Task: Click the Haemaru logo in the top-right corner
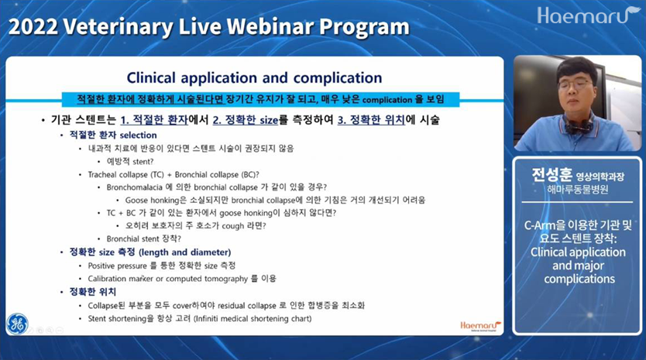tap(589, 15)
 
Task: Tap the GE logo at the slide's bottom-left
tap(17, 324)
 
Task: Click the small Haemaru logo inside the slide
tap(480, 325)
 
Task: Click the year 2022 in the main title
tap(33, 27)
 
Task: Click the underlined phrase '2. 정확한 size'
tap(246, 120)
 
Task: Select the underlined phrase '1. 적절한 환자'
tap(154, 120)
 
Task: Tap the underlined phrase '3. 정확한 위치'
tap(371, 120)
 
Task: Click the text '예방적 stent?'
tap(130, 162)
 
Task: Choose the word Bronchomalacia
tap(134, 187)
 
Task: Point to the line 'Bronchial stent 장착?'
tap(144, 239)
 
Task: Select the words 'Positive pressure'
tap(118, 266)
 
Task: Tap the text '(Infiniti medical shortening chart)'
tap(253, 318)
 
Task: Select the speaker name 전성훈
tap(552, 175)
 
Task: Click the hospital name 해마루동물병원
tap(577, 190)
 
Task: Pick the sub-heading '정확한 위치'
tap(93, 292)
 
